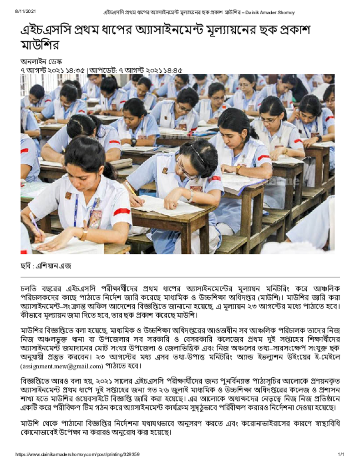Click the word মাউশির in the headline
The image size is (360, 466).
click(x=40, y=46)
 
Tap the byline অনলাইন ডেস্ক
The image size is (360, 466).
click(x=41, y=61)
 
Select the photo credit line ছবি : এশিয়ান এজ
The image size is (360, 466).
click(x=46, y=266)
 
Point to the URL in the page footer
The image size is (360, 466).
click(x=77, y=454)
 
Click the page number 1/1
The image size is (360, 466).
click(x=340, y=454)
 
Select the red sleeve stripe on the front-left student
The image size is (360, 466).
click(x=122, y=212)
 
